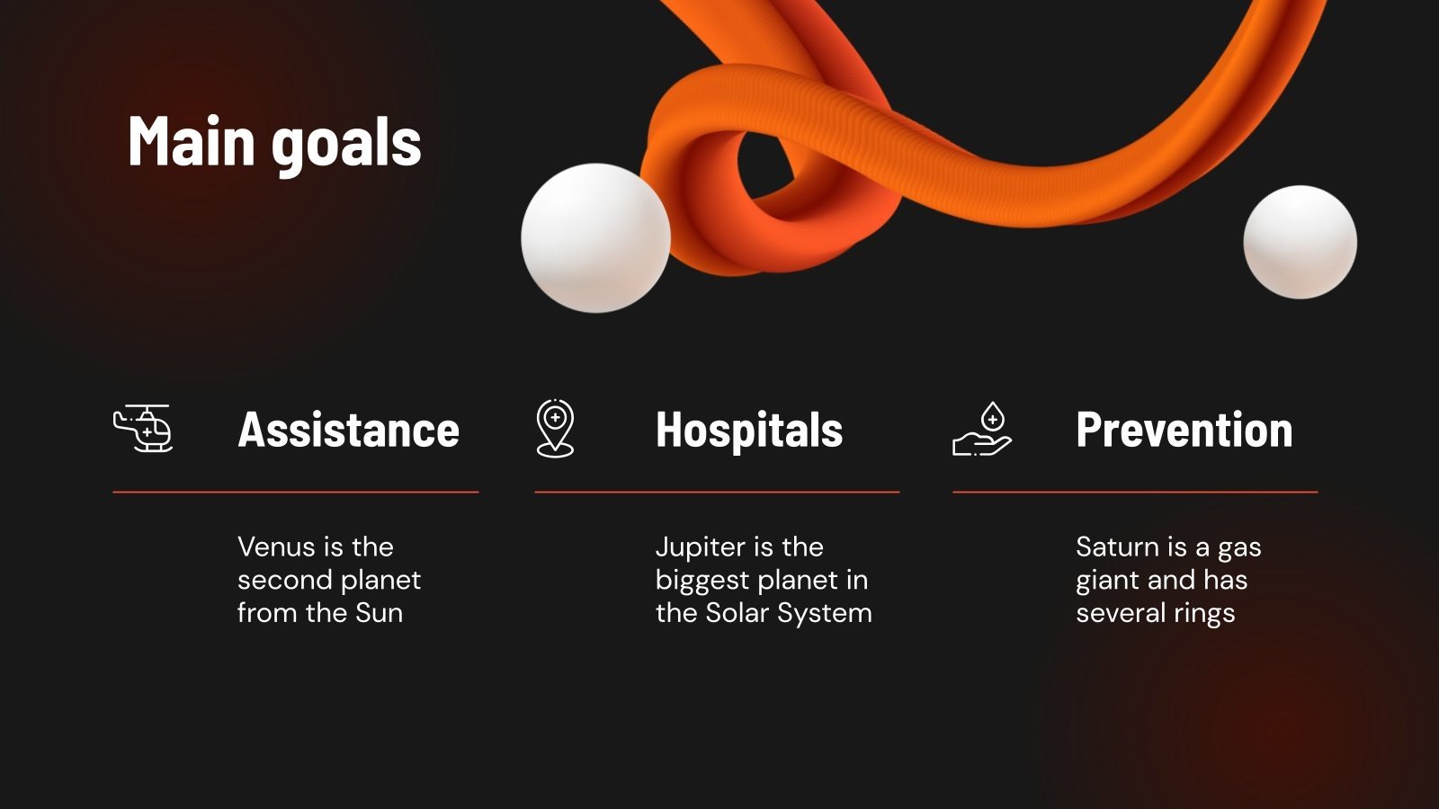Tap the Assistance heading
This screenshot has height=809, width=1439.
pyautogui.click(x=348, y=430)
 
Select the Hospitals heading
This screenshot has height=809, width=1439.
pyautogui.click(x=749, y=430)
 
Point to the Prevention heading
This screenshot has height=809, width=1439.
pyautogui.click(x=1184, y=430)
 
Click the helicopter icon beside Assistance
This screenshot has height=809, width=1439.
pyautogui.click(x=143, y=428)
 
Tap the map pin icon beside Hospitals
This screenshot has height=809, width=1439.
pyautogui.click(x=555, y=428)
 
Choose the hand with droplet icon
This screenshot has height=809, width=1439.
pyautogui.click(x=982, y=429)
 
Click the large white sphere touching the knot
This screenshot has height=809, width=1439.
pyautogui.click(x=595, y=237)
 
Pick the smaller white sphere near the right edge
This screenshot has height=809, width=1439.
pyautogui.click(x=1300, y=241)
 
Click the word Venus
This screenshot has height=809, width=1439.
pyautogui.click(x=277, y=547)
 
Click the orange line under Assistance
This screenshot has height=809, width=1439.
pyautogui.click(x=295, y=493)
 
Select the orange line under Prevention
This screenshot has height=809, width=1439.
pyautogui.click(x=1135, y=493)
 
